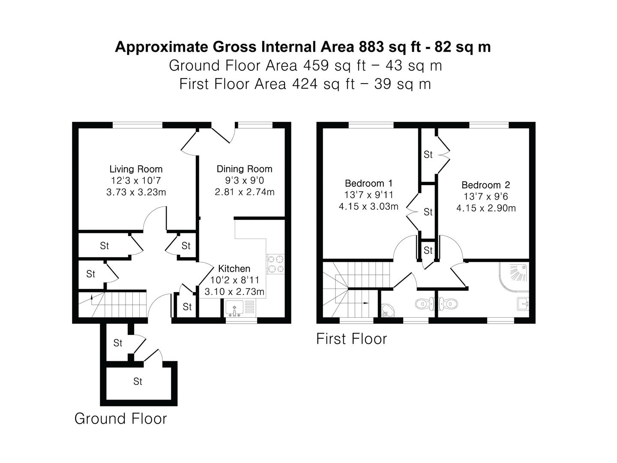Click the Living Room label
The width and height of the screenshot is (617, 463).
click(136, 169)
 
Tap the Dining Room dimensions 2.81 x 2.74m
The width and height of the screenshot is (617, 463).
click(245, 192)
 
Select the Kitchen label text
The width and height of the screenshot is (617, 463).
click(234, 269)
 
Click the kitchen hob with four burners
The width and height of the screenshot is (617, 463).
click(275, 264)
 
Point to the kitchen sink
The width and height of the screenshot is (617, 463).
click(235, 307)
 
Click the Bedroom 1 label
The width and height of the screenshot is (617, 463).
click(368, 183)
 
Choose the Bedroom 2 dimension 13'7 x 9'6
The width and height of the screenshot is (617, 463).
click(486, 197)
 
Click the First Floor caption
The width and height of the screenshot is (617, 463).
click(351, 339)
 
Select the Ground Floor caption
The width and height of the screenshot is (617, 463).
click(120, 418)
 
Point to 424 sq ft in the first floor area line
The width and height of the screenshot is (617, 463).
click(323, 84)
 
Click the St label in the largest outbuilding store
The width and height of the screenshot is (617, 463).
click(138, 381)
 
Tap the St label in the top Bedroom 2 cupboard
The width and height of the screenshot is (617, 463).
click(428, 154)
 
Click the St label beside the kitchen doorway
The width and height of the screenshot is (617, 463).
click(187, 307)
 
